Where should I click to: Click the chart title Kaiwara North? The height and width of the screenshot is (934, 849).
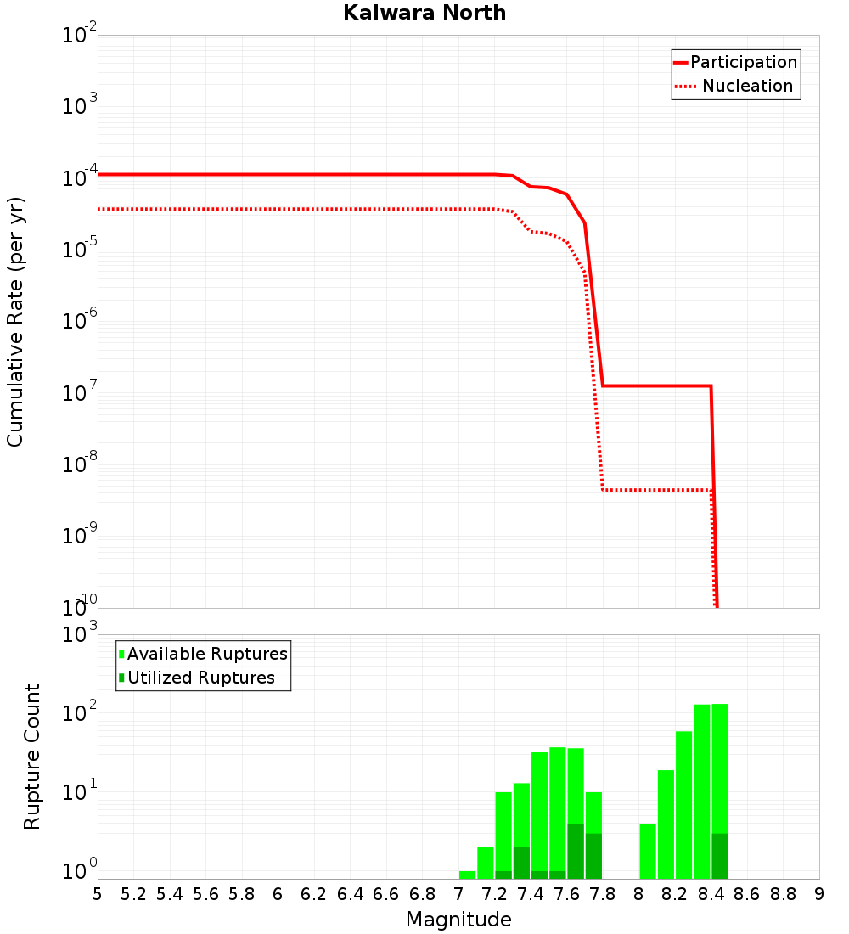[x=424, y=13]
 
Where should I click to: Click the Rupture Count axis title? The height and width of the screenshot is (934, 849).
[x=32, y=757]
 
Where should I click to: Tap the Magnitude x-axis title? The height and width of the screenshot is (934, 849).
[x=458, y=920]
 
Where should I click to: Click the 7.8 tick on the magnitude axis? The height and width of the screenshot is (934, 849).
[x=603, y=894]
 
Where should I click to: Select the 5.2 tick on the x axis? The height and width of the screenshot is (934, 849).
[x=133, y=894]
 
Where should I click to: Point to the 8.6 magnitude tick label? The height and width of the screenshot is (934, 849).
[x=747, y=894]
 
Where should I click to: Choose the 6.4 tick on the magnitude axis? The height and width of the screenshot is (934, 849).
[x=350, y=894]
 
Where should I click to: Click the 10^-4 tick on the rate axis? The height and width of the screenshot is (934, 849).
[x=81, y=177]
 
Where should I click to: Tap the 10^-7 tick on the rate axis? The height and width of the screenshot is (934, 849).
[x=81, y=392]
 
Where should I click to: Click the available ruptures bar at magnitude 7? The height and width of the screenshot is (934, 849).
[x=467, y=875]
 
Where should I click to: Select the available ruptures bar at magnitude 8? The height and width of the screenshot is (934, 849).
[x=648, y=851]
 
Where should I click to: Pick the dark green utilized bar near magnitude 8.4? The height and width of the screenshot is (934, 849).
[x=720, y=856]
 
